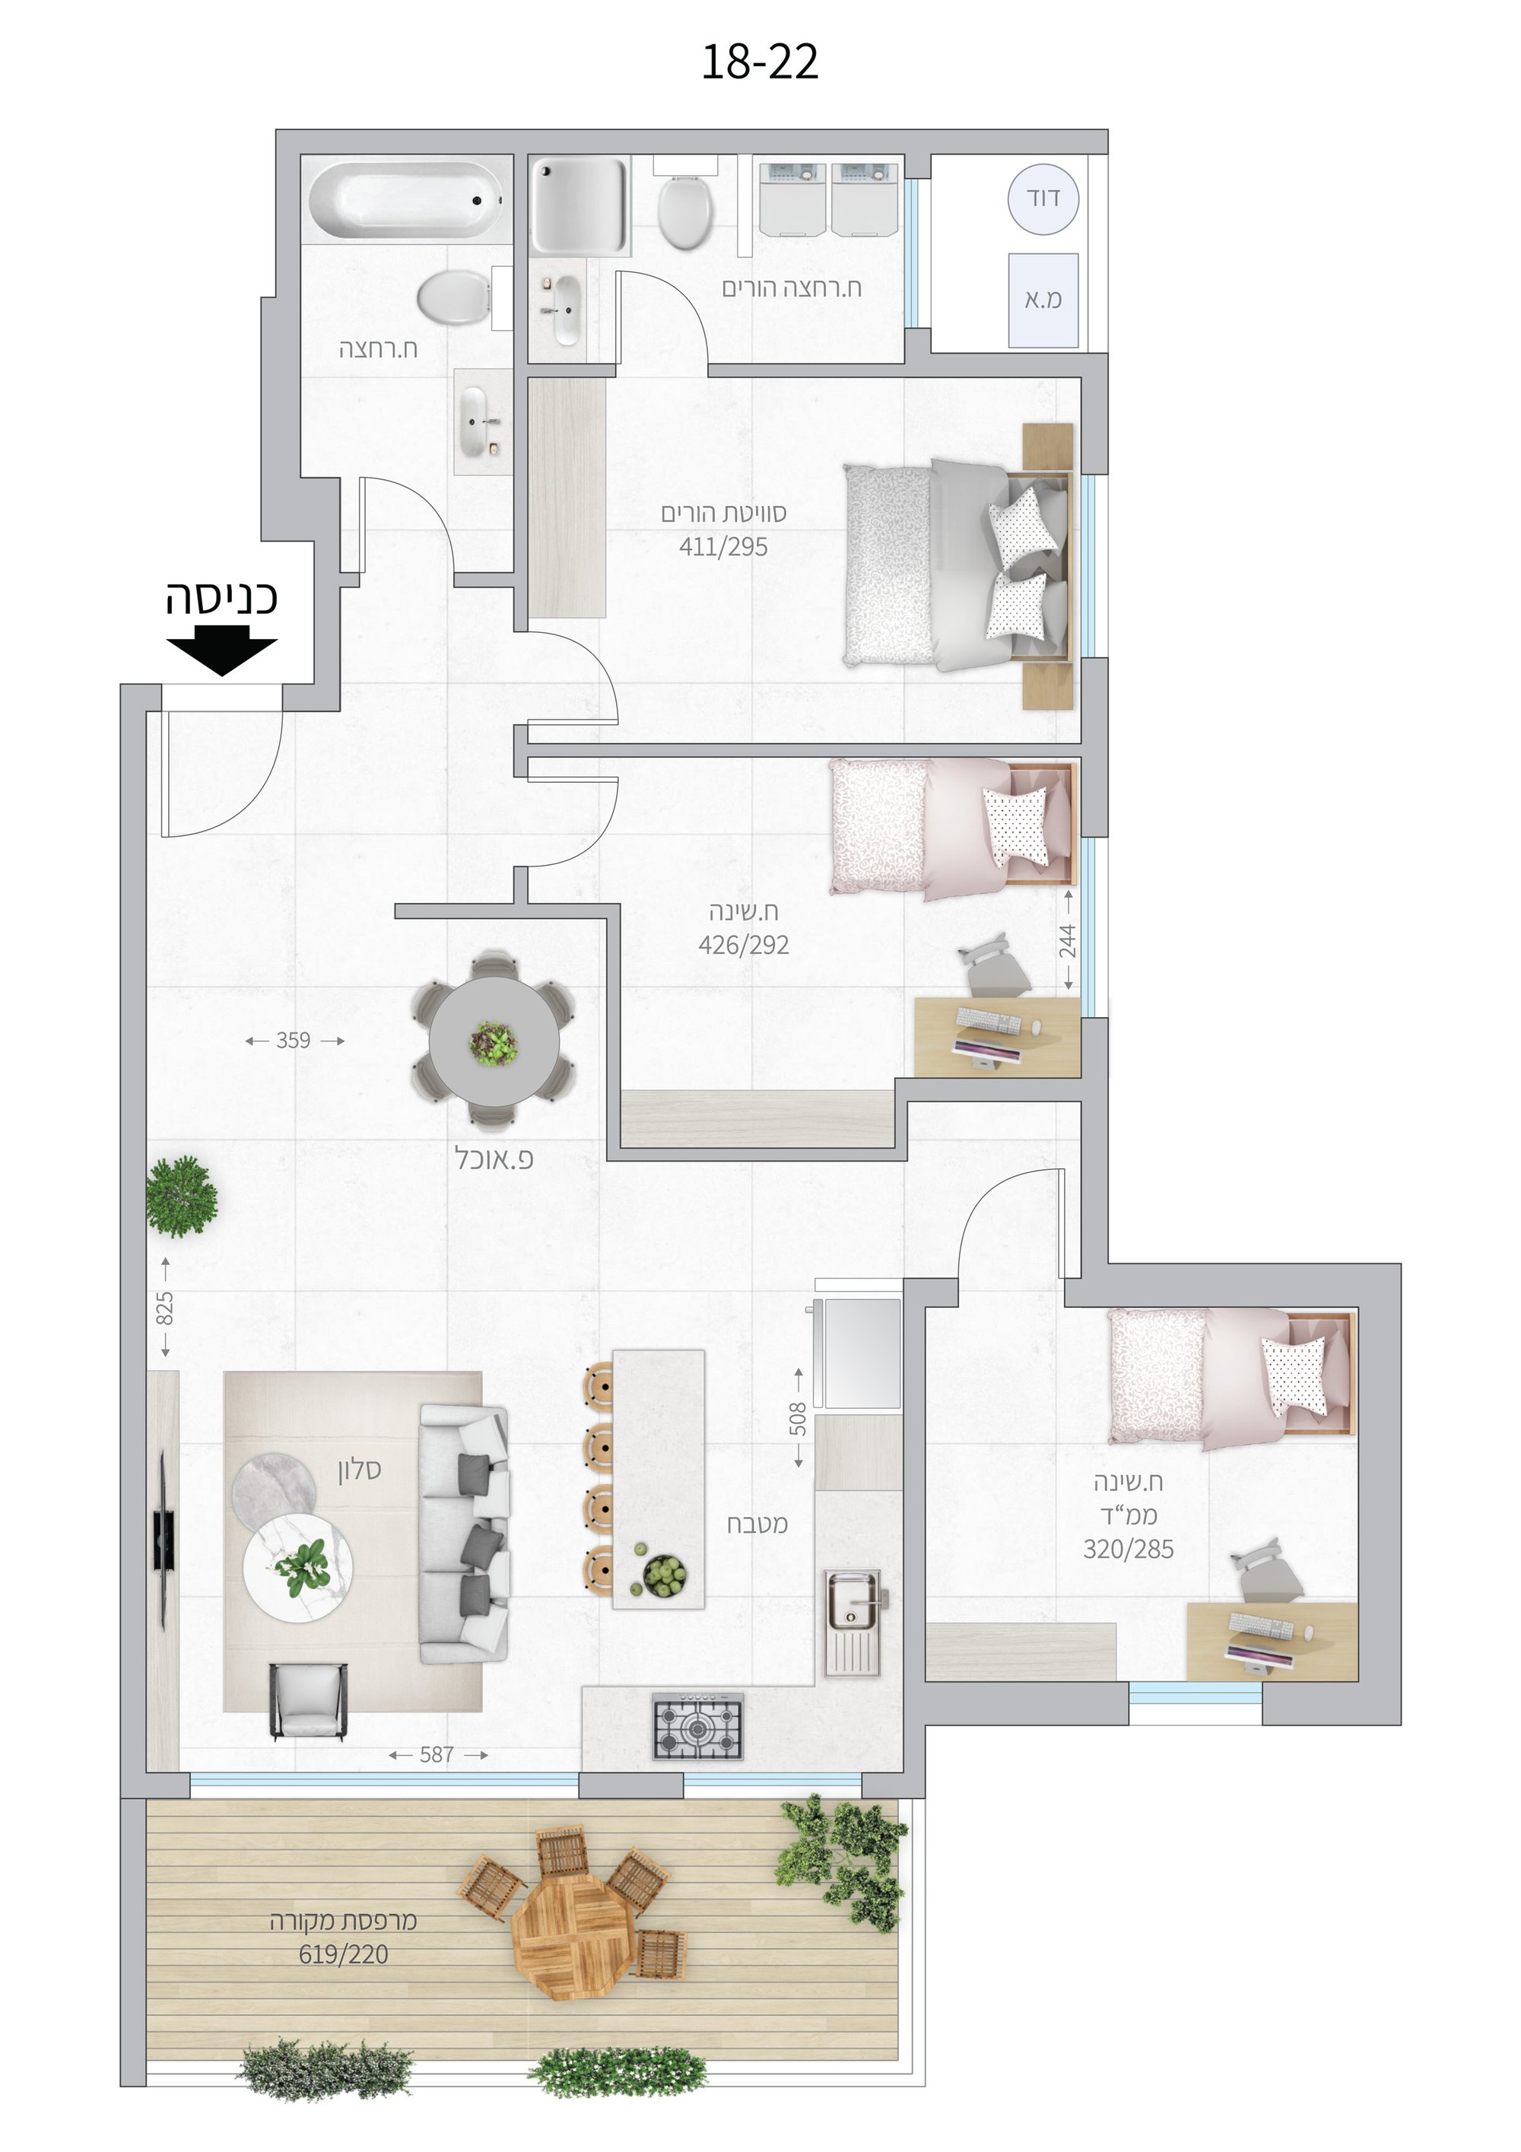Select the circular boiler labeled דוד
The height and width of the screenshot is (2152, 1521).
1043,199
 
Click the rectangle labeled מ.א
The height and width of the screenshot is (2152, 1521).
1043,300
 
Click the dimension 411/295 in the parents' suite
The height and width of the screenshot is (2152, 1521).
723,546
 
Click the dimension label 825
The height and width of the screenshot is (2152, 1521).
165,1308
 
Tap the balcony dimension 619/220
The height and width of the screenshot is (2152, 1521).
343,1954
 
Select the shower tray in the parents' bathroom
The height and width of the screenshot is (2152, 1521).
580,205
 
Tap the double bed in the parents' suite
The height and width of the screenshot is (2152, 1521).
957,565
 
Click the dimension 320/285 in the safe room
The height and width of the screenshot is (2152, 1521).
1129,1550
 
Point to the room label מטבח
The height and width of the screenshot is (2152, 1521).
757,1524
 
